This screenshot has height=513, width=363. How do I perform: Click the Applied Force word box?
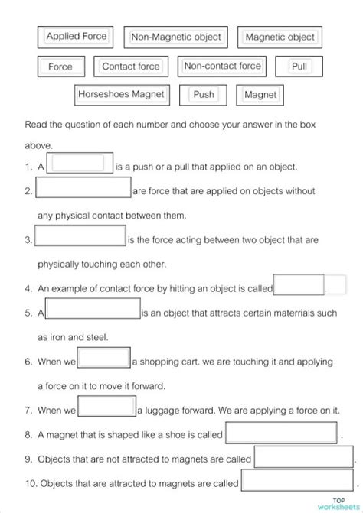(x=76, y=36)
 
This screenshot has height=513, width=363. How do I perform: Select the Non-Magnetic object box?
(x=176, y=37)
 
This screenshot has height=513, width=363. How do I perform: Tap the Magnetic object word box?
(x=280, y=37)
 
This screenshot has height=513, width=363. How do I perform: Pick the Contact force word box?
(x=130, y=67)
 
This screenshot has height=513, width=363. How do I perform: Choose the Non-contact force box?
(x=222, y=67)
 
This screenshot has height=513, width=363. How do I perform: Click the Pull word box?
(x=299, y=67)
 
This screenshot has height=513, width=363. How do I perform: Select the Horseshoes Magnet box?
(x=121, y=95)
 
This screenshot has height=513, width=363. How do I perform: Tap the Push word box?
(x=204, y=95)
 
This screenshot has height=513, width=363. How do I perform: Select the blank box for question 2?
(x=83, y=189)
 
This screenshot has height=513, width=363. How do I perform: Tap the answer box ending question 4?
(x=299, y=285)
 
